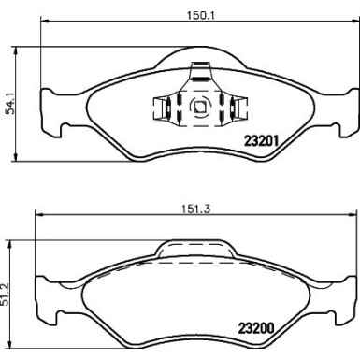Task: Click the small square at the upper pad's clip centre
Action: click(197, 106)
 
